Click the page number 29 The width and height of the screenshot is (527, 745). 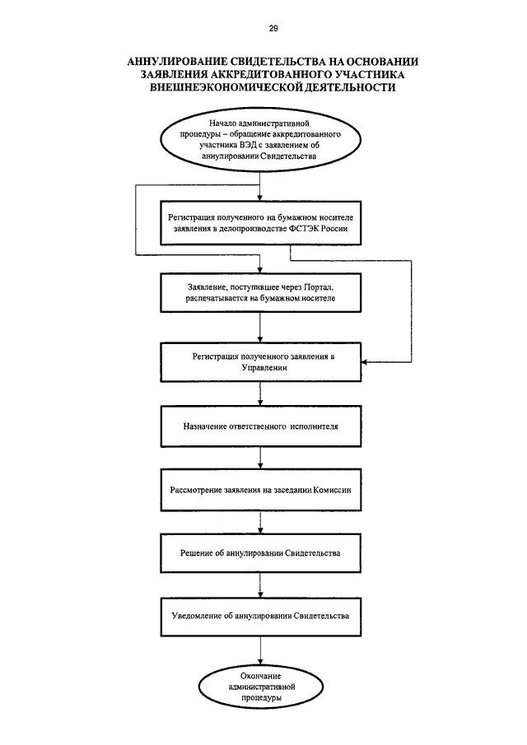pos(273,29)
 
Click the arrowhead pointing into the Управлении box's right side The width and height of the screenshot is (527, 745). pos(364,362)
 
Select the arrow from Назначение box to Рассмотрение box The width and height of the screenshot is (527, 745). pos(260,458)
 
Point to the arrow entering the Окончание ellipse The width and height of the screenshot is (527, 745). pos(260,650)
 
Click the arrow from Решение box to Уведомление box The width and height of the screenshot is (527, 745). pos(260,584)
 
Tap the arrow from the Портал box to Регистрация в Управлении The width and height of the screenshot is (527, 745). pos(260,328)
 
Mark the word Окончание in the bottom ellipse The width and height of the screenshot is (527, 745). pos(260,676)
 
